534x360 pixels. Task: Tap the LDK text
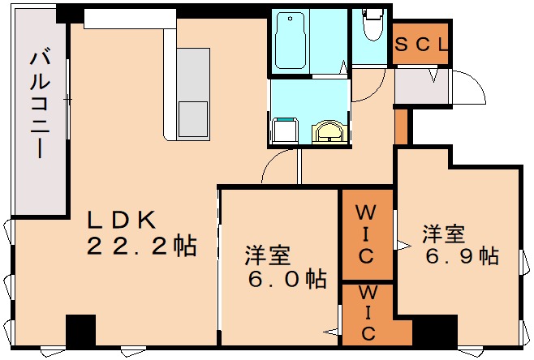pyautogui.click(x=121, y=220)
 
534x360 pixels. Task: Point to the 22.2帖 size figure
pyautogui.click(x=141, y=246)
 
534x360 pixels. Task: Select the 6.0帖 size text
pyautogui.click(x=287, y=281)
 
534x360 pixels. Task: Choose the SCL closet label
pyautogui.click(x=421, y=46)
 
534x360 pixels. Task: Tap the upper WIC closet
pyautogui.click(x=366, y=235)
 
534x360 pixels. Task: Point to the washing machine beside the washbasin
pyautogui.click(x=284, y=131)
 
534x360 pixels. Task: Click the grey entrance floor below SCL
pyautogui.click(x=420, y=88)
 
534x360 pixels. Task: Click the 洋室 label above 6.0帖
pyautogui.click(x=269, y=256)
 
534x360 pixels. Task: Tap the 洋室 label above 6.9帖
pyautogui.click(x=442, y=234)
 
